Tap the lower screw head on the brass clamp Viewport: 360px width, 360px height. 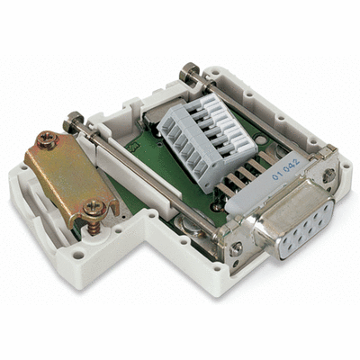coord(93,210)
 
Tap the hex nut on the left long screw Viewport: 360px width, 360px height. coord(71,119)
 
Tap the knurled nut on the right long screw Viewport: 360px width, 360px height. coord(189,71)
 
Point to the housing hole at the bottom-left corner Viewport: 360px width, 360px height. coord(79,255)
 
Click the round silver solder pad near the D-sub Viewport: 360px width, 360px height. coord(220,208)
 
